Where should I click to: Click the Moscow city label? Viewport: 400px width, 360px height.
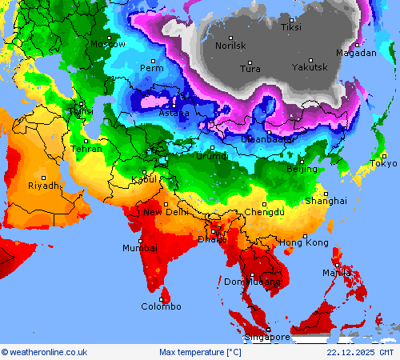pyautogui.click(x=108, y=45)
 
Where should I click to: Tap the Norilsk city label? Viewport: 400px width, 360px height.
pyautogui.click(x=231, y=46)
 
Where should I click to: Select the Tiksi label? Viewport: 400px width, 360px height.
pyautogui.click(x=291, y=28)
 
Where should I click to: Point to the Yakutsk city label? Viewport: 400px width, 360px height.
pyautogui.click(x=310, y=67)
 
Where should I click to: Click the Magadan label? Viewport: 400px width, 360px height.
pyautogui.click(x=356, y=54)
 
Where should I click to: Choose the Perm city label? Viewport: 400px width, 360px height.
pyautogui.click(x=151, y=69)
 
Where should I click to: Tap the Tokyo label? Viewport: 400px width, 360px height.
pyautogui.click(x=383, y=164)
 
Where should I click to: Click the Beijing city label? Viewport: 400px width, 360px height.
pyautogui.click(x=302, y=170)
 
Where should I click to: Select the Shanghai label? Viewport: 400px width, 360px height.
pyautogui.click(x=326, y=201)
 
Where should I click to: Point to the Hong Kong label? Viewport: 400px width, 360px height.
pyautogui.click(x=303, y=242)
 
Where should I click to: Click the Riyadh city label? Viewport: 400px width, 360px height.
pyautogui.click(x=43, y=186)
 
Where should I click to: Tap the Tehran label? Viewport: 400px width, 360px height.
pyautogui.click(x=86, y=149)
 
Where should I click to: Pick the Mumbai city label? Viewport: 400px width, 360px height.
pyautogui.click(x=139, y=248)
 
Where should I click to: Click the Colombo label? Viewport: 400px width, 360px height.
pyautogui.click(x=161, y=306)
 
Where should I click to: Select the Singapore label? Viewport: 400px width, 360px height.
pyautogui.click(x=267, y=338)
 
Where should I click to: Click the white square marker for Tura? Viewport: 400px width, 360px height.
pyautogui.click(x=250, y=62)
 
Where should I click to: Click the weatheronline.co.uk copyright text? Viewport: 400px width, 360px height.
pyautogui.click(x=44, y=352)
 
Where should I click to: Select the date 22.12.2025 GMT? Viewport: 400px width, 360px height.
pyautogui.click(x=360, y=352)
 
